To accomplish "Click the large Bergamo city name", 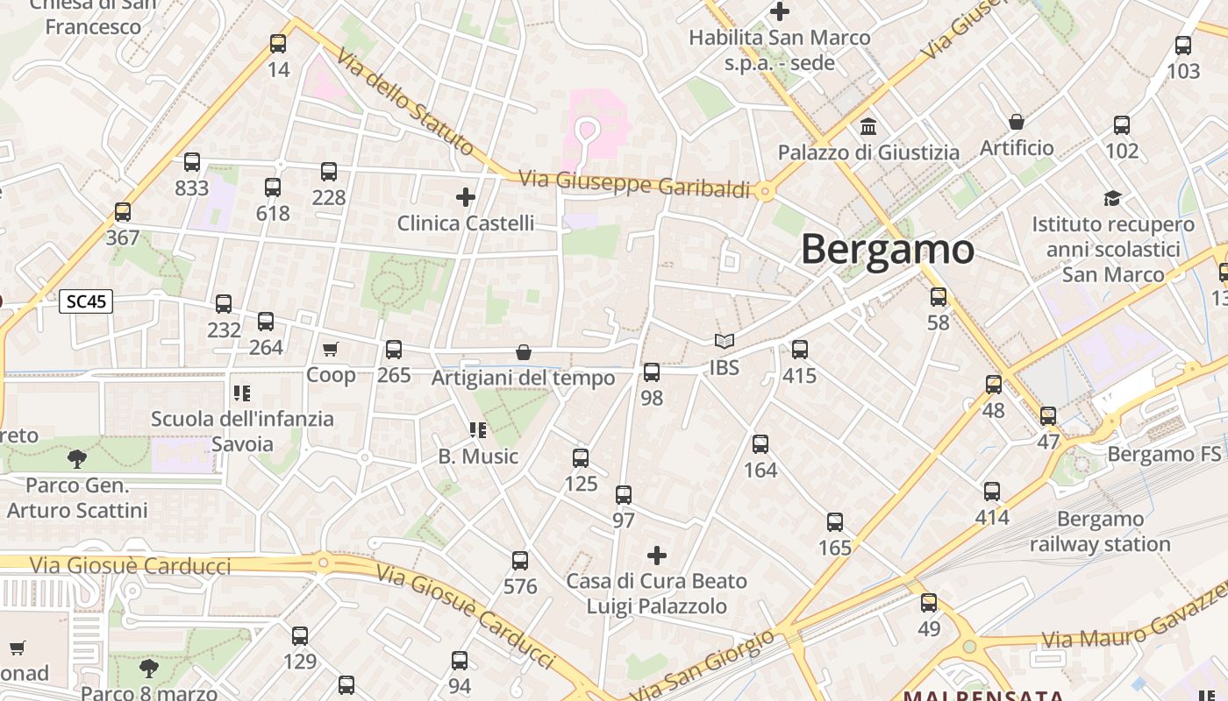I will coord(887,250).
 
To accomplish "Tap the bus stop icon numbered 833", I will coord(192,162).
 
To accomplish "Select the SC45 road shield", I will coord(86,301).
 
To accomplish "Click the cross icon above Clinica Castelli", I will coord(466,197).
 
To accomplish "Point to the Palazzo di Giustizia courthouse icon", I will coord(868,125).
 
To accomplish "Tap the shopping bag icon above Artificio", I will coord(1017,121).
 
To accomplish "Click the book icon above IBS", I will coord(724,341).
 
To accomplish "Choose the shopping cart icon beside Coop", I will coord(331,350).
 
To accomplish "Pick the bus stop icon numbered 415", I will coord(800,350).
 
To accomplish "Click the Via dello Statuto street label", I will coord(404,102).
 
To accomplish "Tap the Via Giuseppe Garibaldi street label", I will coord(635,184).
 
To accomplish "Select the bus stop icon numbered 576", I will coord(520,561).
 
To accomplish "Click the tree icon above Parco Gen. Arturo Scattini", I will coord(77,457).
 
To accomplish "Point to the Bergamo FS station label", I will coord(1164,454).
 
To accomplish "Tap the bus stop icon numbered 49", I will coord(929,603).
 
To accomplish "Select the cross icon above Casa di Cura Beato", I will coord(656,556).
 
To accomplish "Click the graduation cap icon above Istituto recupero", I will coord(1112,198).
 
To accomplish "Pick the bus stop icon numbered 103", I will coord(1183,46).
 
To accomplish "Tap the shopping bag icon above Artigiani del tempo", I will coord(524,352).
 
